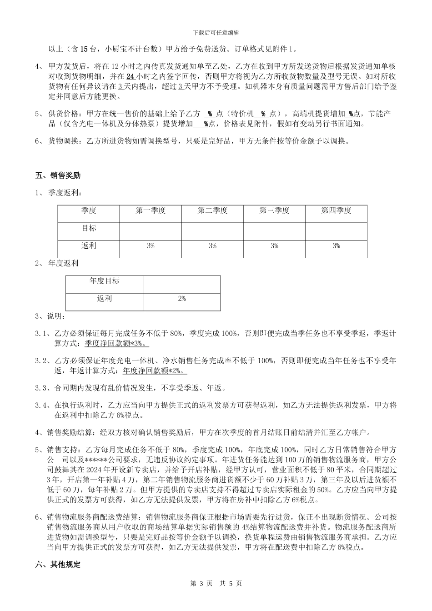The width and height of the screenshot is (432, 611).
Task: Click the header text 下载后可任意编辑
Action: click(216, 33)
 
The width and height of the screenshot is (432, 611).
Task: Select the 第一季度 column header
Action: click(151, 210)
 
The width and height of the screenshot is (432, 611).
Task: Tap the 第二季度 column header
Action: click(212, 210)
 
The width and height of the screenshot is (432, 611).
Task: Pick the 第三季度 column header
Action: click(274, 210)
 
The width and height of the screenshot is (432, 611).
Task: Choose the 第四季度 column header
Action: click(336, 210)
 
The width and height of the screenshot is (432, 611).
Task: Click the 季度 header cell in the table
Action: click(89, 210)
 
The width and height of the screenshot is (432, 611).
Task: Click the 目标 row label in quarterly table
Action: click(89, 228)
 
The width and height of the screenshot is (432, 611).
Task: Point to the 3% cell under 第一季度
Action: click(151, 246)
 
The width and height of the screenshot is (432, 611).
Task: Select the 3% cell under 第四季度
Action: click(336, 246)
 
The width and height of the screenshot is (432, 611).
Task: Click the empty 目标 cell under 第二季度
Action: click(212, 231)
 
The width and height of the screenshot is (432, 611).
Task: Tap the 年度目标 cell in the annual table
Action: click(104, 281)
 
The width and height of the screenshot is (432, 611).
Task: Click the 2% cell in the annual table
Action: click(181, 299)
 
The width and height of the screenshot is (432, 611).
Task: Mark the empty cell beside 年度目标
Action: click(181, 284)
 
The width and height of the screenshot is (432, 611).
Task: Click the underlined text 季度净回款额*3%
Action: click(114, 343)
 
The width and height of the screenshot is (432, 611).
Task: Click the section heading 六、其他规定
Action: click(58, 565)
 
